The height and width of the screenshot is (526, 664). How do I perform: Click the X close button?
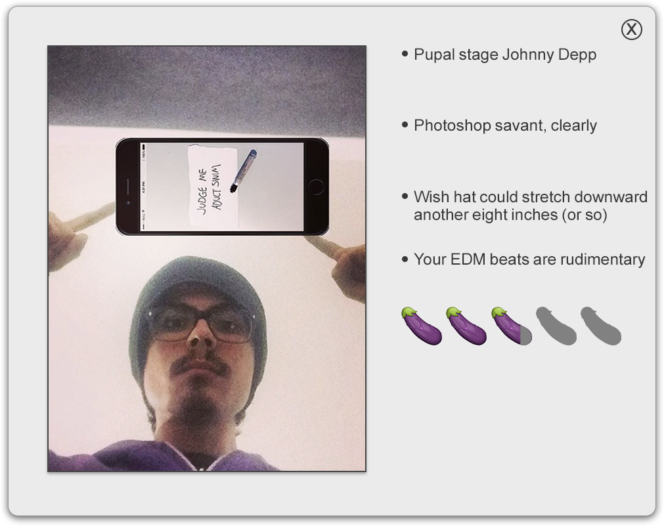(x=631, y=30)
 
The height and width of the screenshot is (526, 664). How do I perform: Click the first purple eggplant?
(x=422, y=326)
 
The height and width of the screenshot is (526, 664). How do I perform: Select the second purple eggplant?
(x=466, y=326)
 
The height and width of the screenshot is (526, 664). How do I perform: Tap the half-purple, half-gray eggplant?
(x=511, y=326)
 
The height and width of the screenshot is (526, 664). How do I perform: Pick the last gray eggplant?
(x=601, y=326)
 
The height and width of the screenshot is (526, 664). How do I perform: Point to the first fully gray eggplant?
(x=556, y=326)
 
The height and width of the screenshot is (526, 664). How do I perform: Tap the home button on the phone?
(x=316, y=186)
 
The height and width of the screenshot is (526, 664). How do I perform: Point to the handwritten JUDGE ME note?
(x=213, y=185)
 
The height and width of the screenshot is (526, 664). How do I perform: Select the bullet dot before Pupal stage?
(x=405, y=54)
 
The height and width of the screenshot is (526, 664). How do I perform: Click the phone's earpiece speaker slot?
(x=128, y=186)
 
